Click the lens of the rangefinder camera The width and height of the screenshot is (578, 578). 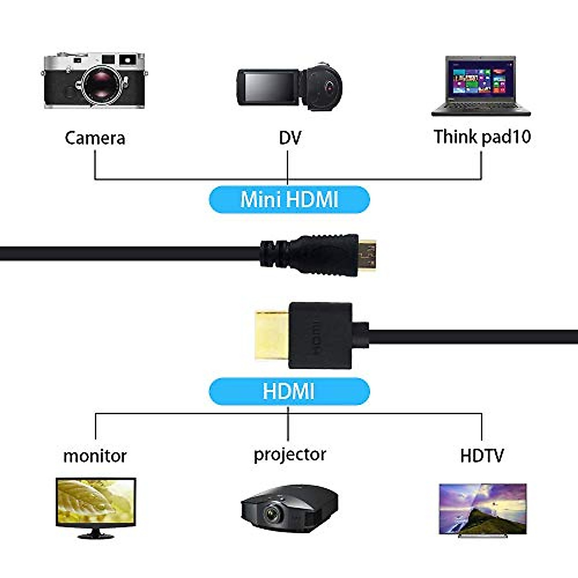pyautogui.click(x=103, y=84)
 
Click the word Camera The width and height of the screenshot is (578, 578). pyautogui.click(x=95, y=138)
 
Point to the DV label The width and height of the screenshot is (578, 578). pyautogui.click(x=289, y=138)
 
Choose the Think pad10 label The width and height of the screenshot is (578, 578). pyautogui.click(x=482, y=137)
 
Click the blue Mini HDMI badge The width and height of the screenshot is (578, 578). pyautogui.click(x=289, y=199)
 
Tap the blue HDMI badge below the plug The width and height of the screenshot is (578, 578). pyautogui.click(x=289, y=391)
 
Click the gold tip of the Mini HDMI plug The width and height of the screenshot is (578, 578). pyautogui.click(x=368, y=254)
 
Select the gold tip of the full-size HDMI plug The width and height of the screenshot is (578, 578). pyautogui.click(x=271, y=336)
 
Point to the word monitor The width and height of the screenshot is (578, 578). pyautogui.click(x=95, y=456)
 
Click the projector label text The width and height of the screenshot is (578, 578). pyautogui.click(x=289, y=454)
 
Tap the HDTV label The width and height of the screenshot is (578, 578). pyautogui.click(x=482, y=455)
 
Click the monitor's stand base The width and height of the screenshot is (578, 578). pyautogui.click(x=96, y=535)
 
